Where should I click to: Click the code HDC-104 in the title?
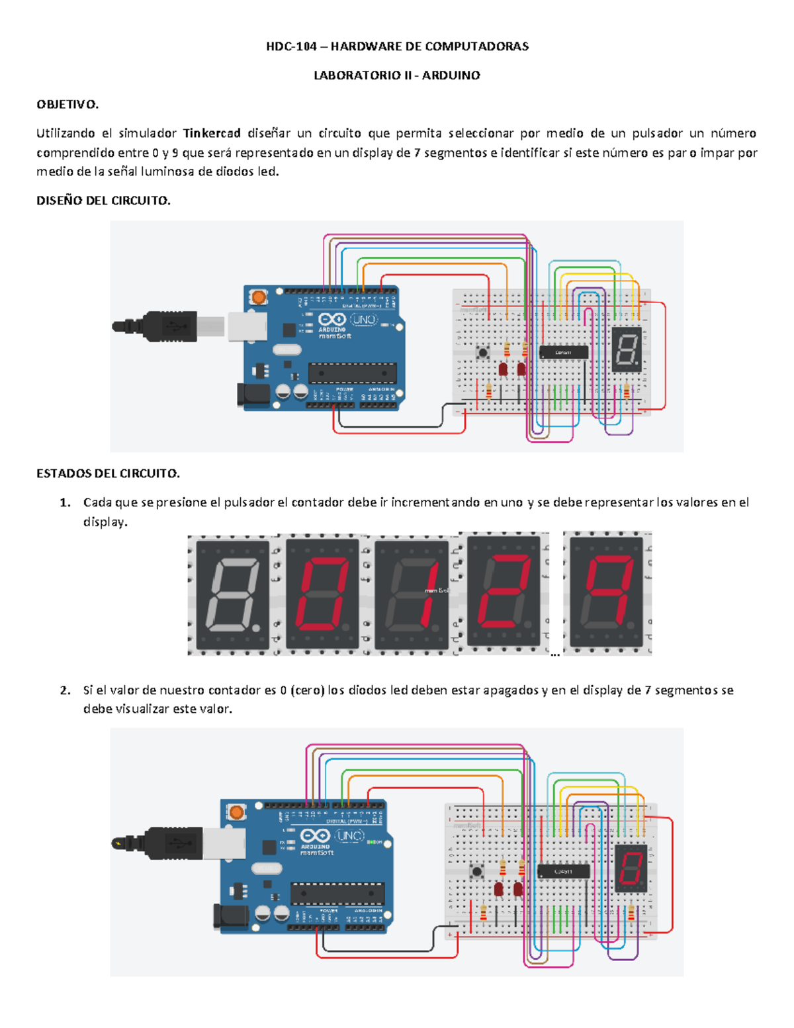(291, 46)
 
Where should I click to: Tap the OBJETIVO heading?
(67, 104)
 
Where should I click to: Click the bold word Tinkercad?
(212, 133)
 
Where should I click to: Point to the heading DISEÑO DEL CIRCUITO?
(103, 201)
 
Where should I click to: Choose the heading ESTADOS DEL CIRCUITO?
(108, 473)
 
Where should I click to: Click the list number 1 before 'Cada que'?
(65, 502)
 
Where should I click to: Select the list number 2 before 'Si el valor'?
(65, 690)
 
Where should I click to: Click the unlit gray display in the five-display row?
(232, 594)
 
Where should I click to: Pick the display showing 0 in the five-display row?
(322, 594)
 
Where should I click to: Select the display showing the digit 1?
(412, 594)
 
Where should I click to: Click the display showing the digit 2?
(504, 590)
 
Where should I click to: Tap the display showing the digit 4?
(605, 592)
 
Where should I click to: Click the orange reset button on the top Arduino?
(259, 297)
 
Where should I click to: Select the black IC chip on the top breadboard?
(564, 353)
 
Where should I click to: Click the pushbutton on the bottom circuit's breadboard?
(476, 871)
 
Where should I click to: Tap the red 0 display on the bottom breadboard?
(631, 868)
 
